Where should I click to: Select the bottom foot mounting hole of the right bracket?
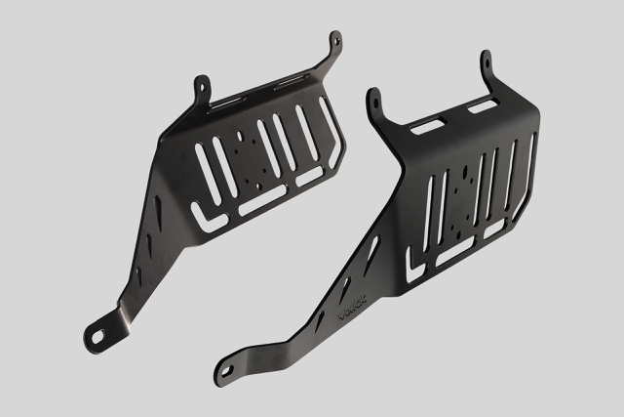[226, 371]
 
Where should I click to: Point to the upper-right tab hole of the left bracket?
[336, 41]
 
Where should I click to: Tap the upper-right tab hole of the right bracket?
[485, 60]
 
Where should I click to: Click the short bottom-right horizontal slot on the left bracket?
[309, 178]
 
